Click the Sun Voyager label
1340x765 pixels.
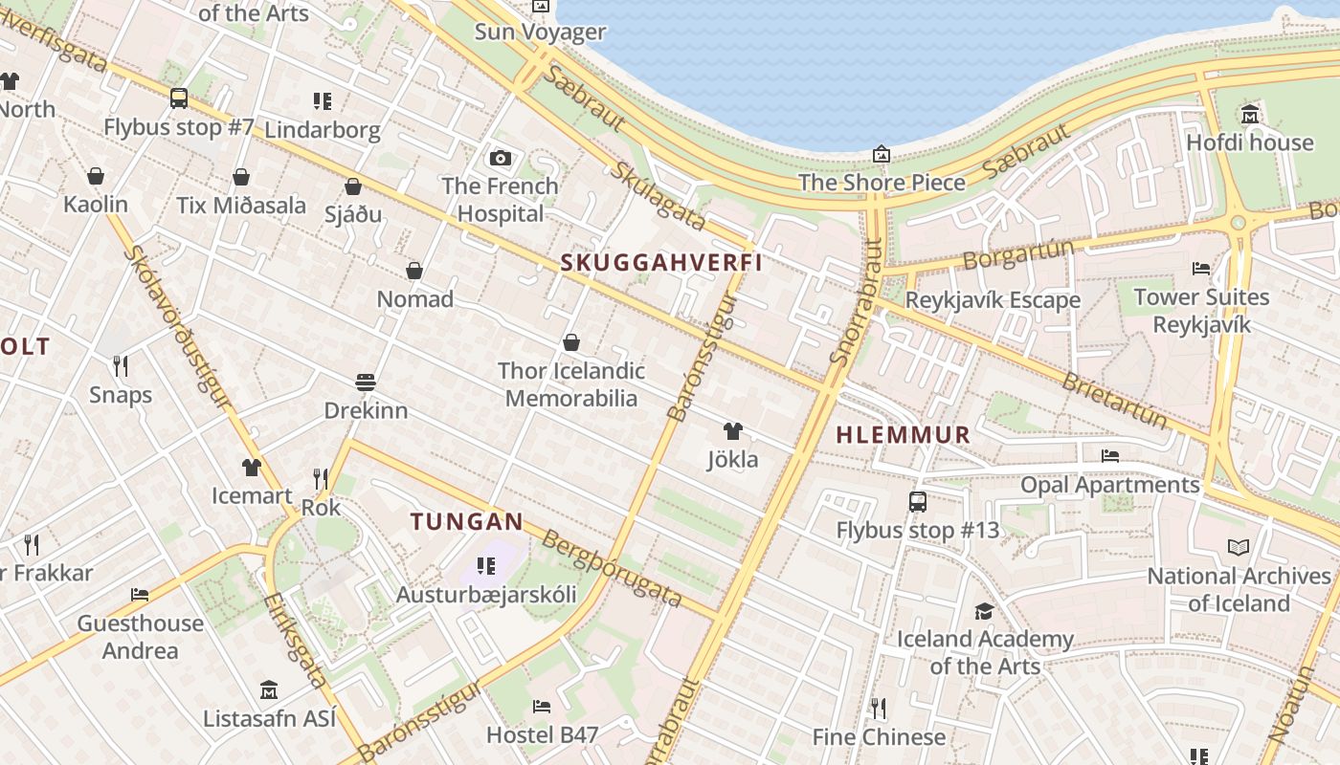[541, 33]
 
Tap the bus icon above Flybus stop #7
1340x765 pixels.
[179, 98]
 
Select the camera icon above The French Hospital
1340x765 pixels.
[500, 158]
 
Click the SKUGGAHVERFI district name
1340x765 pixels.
[660, 263]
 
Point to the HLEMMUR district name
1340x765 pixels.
[904, 435]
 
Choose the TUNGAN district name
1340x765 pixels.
[467, 522]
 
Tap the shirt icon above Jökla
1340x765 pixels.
[733, 431]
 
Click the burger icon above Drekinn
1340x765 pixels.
[365, 382]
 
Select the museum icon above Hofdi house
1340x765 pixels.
[1249, 115]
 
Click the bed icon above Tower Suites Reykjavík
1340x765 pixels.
[1201, 269]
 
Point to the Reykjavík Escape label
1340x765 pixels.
[993, 300]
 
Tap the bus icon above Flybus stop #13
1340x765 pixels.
[917, 501]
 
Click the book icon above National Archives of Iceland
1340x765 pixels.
[1239, 548]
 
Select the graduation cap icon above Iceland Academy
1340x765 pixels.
[984, 611]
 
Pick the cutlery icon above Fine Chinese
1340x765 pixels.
[878, 709]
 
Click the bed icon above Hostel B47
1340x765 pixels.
[542, 707]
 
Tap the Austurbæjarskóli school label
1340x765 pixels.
[487, 595]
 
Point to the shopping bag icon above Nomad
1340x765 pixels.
[414, 271]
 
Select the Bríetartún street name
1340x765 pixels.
[1115, 400]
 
